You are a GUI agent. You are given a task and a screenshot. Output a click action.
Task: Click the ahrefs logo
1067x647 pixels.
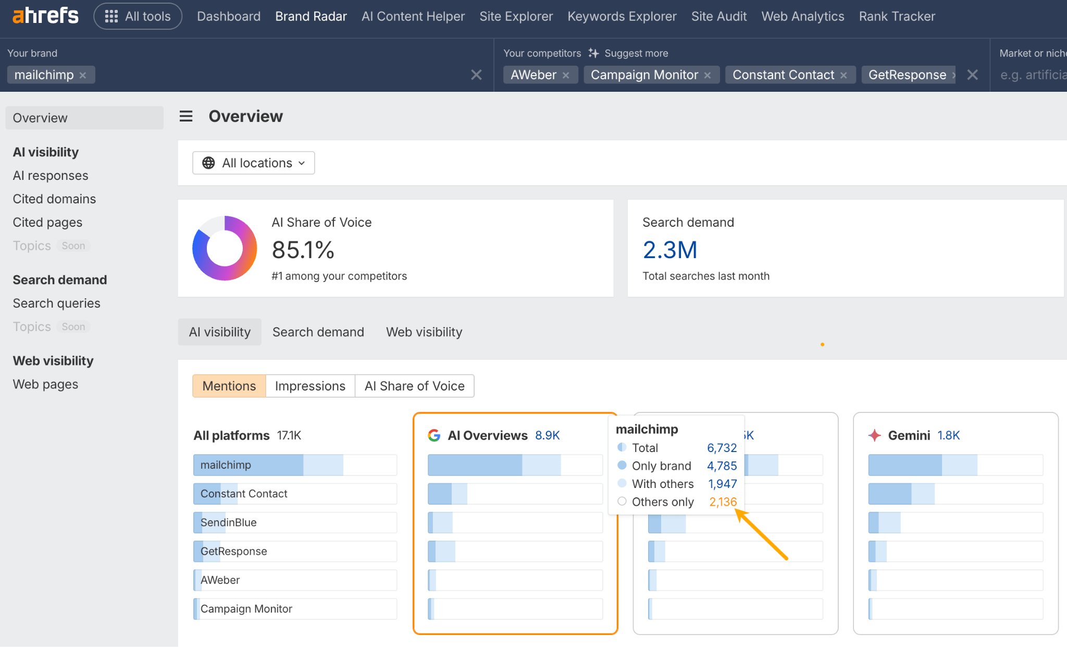pyautogui.click(x=45, y=16)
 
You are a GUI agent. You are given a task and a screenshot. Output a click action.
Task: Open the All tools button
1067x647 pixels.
pyautogui.click(x=138, y=16)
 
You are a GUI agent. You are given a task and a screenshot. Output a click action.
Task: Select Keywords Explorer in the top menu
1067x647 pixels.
pyautogui.click(x=622, y=16)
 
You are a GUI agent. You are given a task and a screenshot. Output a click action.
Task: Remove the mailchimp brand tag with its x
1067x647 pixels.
pyautogui.click(x=83, y=75)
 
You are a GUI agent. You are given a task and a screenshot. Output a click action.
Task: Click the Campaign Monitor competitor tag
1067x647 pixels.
pyautogui.click(x=644, y=75)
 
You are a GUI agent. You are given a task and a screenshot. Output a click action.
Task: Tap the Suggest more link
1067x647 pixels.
pyautogui.click(x=636, y=53)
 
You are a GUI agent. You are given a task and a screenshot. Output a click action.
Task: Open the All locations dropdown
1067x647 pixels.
pyautogui.click(x=254, y=163)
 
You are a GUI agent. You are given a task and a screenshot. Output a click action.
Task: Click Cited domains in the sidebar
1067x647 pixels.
pyautogui.click(x=54, y=199)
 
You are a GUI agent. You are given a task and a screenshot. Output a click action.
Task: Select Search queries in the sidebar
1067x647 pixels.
pyautogui.click(x=56, y=303)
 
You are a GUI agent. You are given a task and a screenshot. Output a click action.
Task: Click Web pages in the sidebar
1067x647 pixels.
pyautogui.click(x=45, y=384)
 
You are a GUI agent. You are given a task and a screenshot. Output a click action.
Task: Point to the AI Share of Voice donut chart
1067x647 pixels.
pyautogui.click(x=225, y=248)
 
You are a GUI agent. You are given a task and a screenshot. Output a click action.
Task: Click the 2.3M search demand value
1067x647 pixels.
pyautogui.click(x=669, y=250)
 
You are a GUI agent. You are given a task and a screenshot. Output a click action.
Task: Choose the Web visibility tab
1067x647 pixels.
pyautogui.click(x=424, y=332)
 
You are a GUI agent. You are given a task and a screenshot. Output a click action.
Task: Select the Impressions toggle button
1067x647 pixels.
pyautogui.click(x=310, y=386)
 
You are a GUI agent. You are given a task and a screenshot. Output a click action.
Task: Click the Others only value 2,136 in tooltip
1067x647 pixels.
pyautogui.click(x=723, y=502)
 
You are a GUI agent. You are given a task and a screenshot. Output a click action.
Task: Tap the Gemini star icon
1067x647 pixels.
pyautogui.click(x=875, y=435)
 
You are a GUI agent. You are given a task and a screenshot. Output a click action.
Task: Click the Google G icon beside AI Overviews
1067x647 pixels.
pyautogui.click(x=434, y=435)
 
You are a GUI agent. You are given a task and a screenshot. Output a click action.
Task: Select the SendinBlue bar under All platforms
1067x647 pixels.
pyautogui.click(x=295, y=522)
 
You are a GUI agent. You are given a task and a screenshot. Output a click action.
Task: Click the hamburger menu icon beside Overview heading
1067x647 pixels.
pyautogui.click(x=186, y=116)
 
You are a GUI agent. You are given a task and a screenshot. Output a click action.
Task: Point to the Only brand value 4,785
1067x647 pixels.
pyautogui.click(x=722, y=466)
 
